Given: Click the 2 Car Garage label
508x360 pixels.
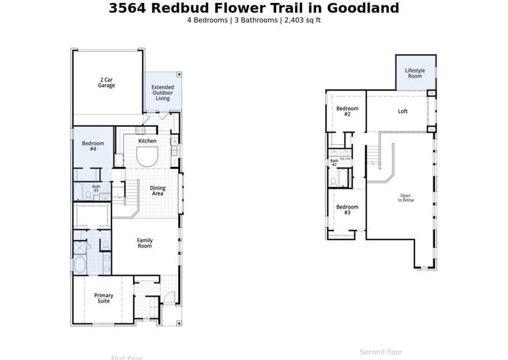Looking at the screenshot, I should click(107, 82).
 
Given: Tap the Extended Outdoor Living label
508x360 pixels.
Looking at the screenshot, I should click(163, 93).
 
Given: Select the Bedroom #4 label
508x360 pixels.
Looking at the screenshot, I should click(93, 146).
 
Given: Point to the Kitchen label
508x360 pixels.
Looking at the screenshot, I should click(148, 141).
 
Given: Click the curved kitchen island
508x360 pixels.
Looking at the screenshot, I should click(148, 158).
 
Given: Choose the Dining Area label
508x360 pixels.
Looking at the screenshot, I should click(158, 191).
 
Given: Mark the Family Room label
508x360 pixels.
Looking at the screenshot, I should click(145, 243).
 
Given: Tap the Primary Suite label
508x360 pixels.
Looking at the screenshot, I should click(103, 298).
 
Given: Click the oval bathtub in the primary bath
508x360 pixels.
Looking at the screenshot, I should click(80, 265).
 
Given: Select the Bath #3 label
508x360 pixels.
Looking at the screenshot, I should click(96, 188).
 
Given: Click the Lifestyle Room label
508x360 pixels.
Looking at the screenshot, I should click(414, 73).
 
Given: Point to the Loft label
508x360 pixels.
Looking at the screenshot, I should click(403, 111).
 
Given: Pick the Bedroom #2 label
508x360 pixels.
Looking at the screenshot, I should click(347, 111).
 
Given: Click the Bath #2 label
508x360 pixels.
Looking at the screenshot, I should click(334, 162).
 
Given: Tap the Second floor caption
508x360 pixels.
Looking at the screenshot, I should click(381, 352).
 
